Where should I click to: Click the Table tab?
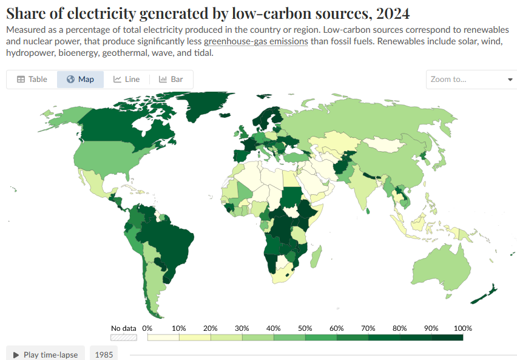point(32,80)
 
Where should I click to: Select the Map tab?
point(80,80)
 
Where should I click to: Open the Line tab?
point(126,80)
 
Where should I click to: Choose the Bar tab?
point(171,80)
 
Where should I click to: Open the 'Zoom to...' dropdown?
point(471,80)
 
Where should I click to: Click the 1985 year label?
point(104,355)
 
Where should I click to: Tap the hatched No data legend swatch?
point(123,338)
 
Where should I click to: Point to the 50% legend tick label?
point(305,328)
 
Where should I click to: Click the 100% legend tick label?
point(462,328)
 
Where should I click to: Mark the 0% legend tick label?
point(147,328)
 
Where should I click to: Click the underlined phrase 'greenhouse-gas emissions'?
point(256,41)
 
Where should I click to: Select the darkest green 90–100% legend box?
point(447,338)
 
